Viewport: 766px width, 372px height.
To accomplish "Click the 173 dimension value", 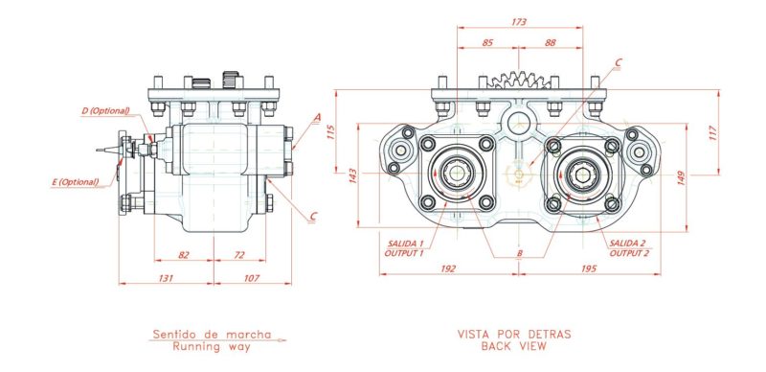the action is click(519, 22).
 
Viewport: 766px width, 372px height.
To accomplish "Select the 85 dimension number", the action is click(487, 42).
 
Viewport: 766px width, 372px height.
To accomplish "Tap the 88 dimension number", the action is click(550, 42).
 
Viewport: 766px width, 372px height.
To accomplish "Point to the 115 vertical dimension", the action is click(330, 132).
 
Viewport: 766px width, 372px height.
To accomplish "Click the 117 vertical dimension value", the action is click(712, 133).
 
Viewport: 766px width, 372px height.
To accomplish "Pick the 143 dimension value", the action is click(353, 175).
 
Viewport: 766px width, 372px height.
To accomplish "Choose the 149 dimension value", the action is click(682, 177).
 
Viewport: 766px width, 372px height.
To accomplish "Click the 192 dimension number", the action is click(448, 268).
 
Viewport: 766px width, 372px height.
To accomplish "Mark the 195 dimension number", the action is click(589, 268).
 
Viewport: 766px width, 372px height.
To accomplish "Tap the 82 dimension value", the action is click(184, 254).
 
